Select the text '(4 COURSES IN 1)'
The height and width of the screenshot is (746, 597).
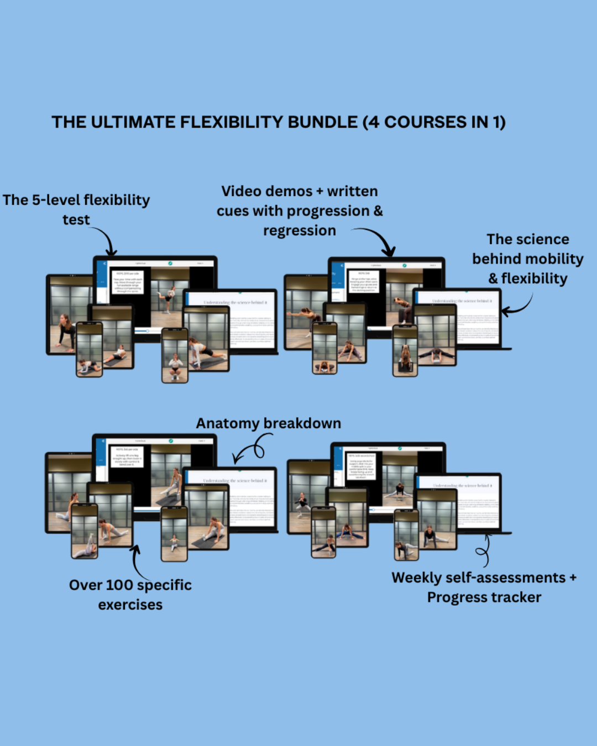coord(434,122)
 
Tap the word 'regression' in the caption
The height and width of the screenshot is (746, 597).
coord(300,231)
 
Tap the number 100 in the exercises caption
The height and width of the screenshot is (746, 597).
coord(119,585)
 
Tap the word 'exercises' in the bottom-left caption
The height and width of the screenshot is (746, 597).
coord(130,605)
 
